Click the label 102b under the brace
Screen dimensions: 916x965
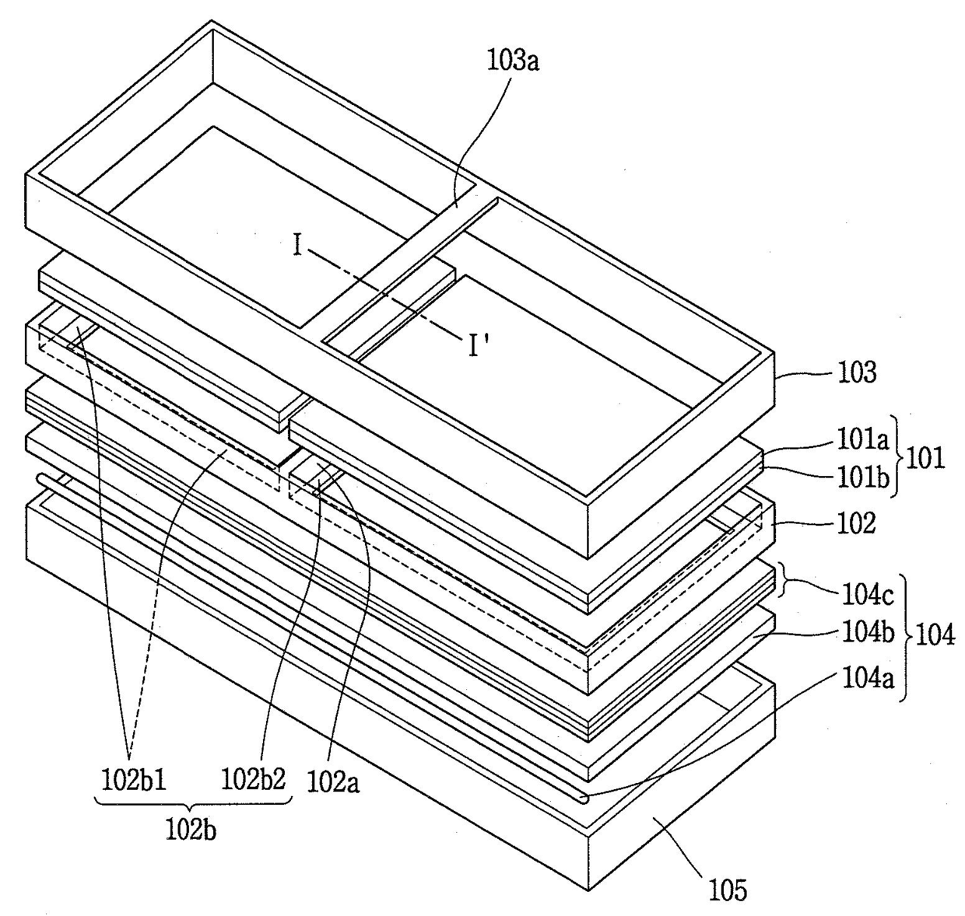(190, 829)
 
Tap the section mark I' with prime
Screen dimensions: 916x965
(476, 346)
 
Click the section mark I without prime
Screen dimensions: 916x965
(297, 246)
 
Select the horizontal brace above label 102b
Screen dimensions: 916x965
(192, 802)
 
